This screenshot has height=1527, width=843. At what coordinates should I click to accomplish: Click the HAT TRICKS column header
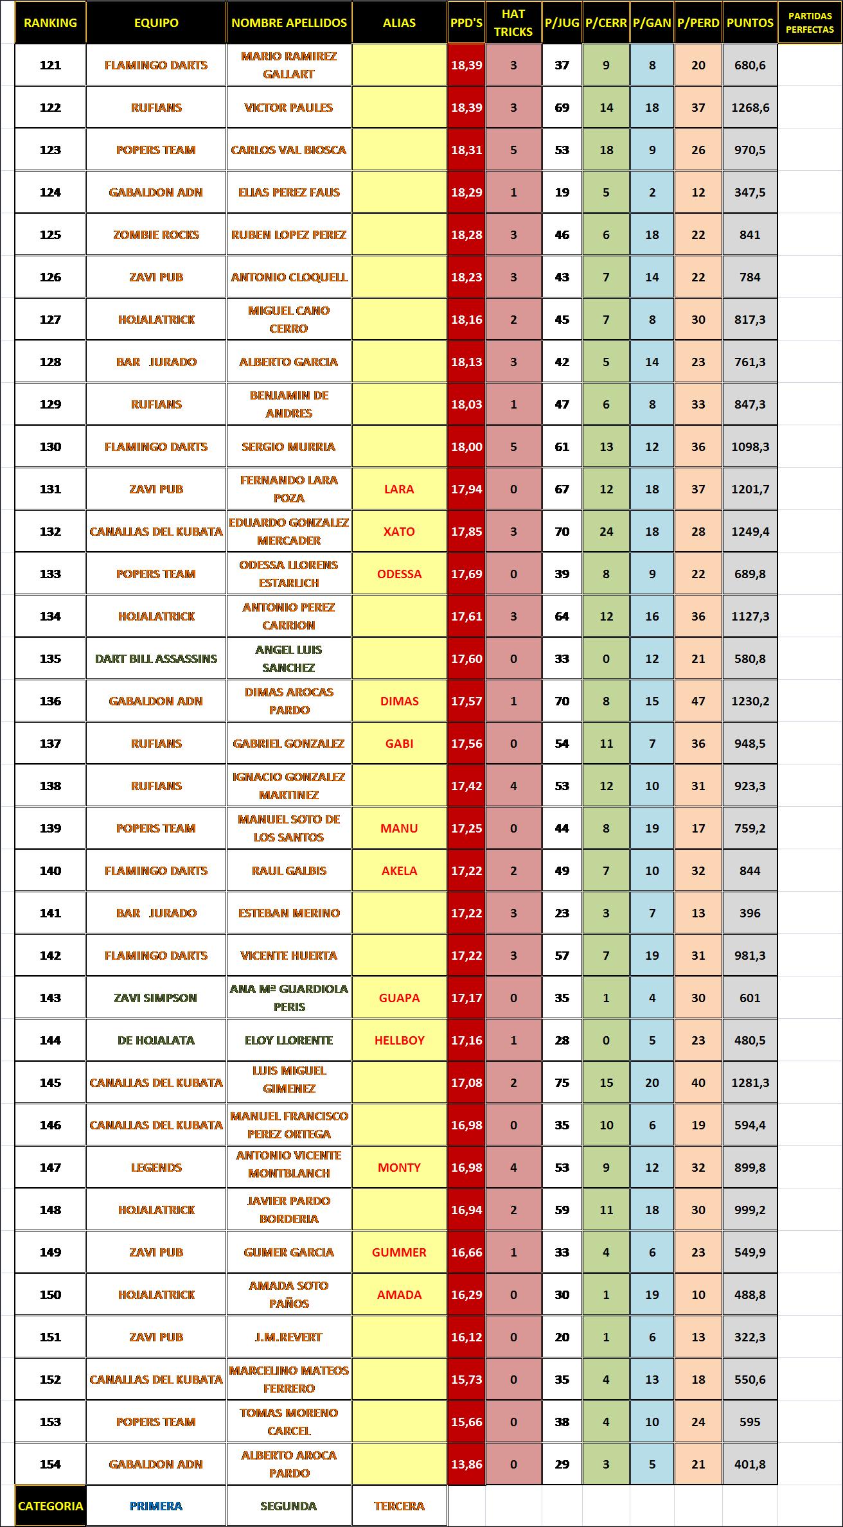[x=513, y=22]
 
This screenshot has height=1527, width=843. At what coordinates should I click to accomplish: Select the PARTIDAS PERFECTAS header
[x=810, y=22]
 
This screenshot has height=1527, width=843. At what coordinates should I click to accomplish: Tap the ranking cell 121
[x=50, y=65]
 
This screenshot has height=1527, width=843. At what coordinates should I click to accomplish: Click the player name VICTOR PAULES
[x=288, y=107]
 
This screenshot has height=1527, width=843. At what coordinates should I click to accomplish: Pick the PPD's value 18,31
[x=466, y=150]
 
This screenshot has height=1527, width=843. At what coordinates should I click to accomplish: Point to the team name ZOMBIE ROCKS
[x=156, y=234]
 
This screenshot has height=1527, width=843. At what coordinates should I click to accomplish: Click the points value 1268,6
[x=750, y=107]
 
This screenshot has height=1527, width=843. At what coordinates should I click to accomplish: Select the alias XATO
[x=399, y=531]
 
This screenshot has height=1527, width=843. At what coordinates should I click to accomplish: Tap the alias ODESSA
[x=399, y=574]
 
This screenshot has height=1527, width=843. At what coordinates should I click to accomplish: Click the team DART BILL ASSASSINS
[x=156, y=658]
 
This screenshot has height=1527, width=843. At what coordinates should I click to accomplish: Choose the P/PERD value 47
[x=698, y=701]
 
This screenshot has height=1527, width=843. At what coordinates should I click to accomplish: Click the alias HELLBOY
[x=399, y=1040]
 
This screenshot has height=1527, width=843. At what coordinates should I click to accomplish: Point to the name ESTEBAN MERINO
[x=288, y=913]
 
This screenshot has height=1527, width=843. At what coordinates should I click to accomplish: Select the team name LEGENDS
[x=156, y=1167]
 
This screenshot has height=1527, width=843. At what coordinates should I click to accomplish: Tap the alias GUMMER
[x=399, y=1252]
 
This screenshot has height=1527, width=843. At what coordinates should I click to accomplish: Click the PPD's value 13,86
[x=466, y=1464]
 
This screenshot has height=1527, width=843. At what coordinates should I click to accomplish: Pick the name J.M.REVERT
[x=288, y=1337]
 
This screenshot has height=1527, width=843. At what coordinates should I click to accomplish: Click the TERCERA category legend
[x=399, y=1506]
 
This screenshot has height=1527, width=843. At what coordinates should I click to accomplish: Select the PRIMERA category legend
[x=156, y=1506]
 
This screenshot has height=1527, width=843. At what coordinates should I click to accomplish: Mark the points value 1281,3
[x=750, y=1082]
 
